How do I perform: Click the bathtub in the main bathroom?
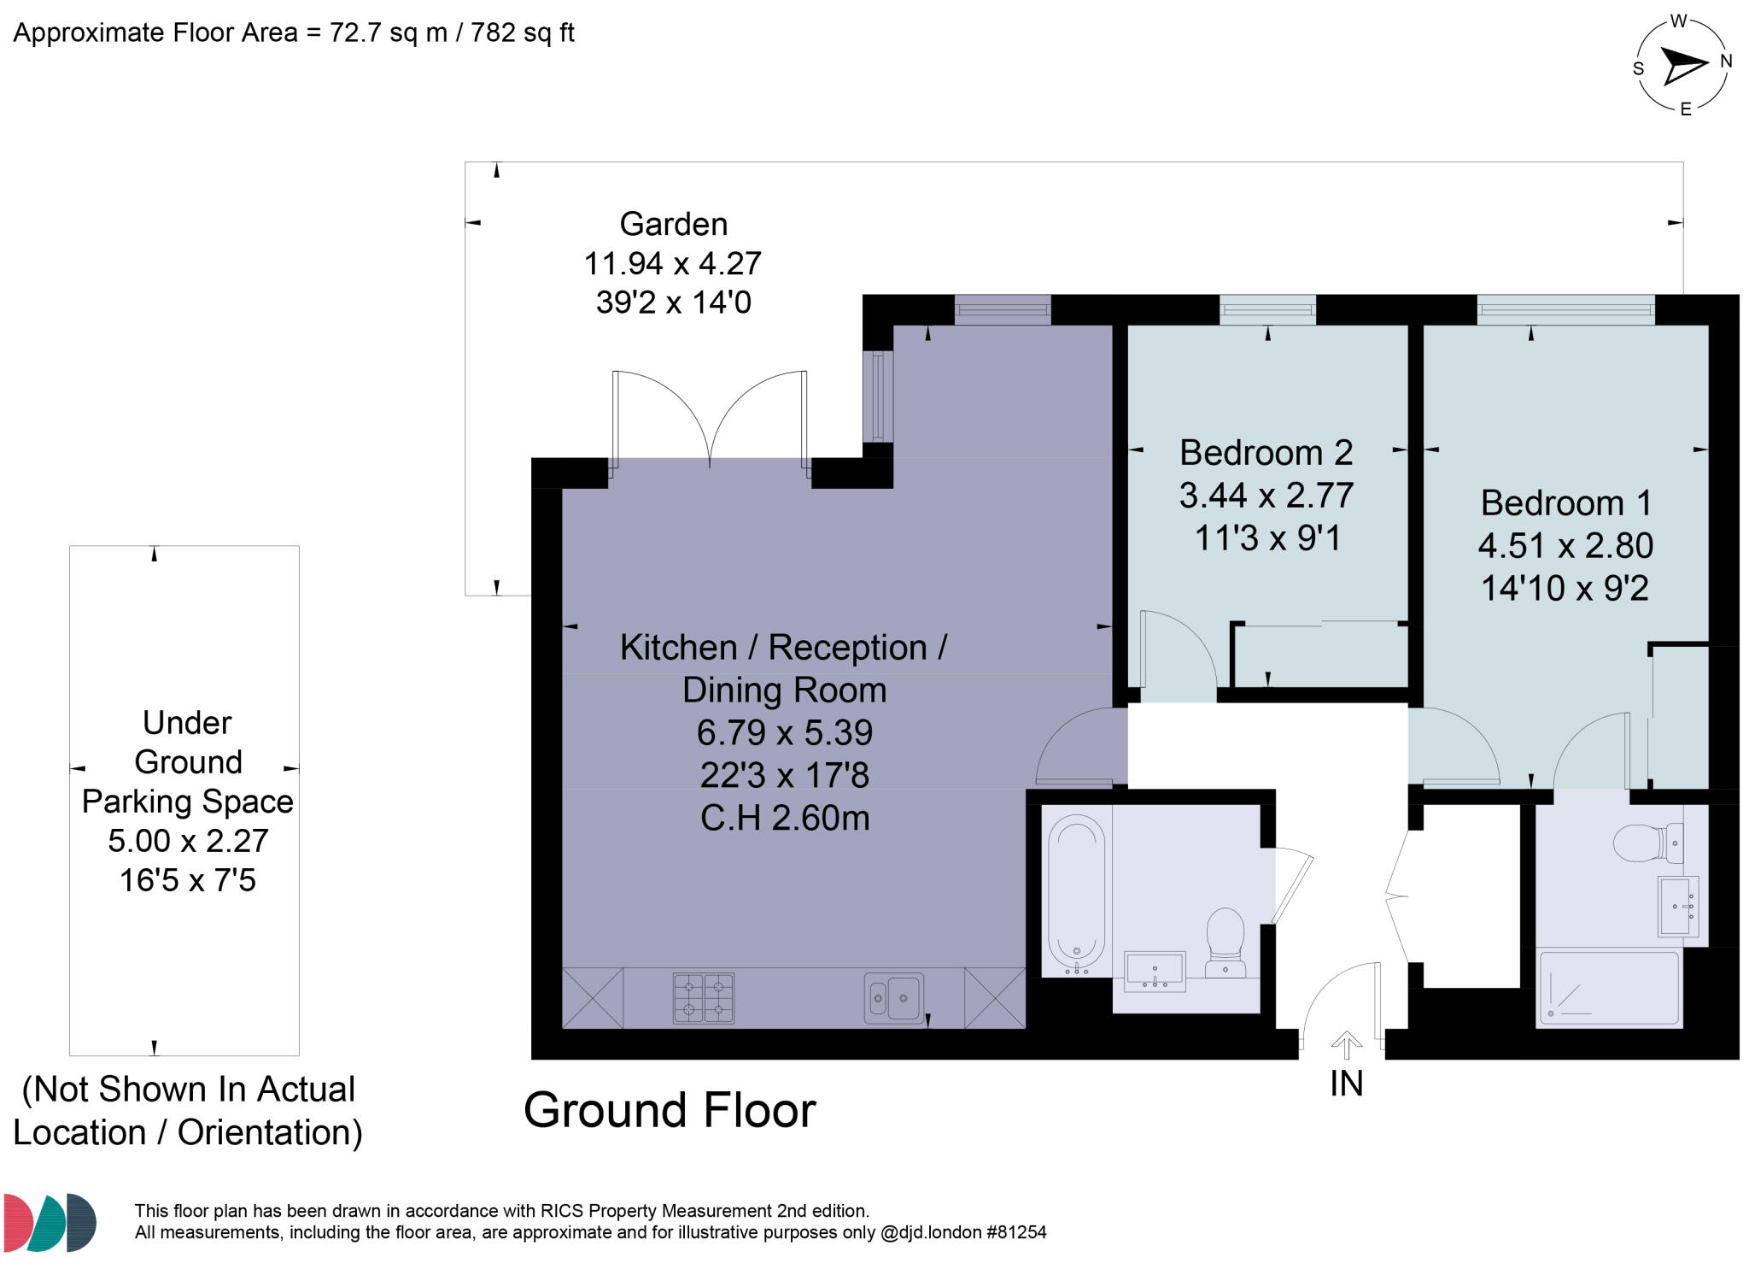tap(1076, 893)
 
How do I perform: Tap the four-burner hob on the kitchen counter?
tap(703, 997)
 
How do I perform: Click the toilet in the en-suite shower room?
tap(1646, 843)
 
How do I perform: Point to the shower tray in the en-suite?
tap(1608, 989)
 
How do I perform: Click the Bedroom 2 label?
tap(1266, 453)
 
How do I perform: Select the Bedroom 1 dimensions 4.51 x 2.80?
tap(1565, 545)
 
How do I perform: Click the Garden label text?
tap(673, 225)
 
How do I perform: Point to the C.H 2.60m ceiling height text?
tap(784, 819)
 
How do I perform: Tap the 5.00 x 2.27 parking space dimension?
tap(188, 841)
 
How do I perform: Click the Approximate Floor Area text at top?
tap(293, 33)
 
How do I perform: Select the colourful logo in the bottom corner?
tap(50, 1222)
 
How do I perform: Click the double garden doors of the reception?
tap(709, 419)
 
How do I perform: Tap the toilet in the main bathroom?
tap(1225, 940)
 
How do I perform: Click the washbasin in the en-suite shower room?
tap(1676, 905)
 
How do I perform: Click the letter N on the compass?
tap(1725, 62)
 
